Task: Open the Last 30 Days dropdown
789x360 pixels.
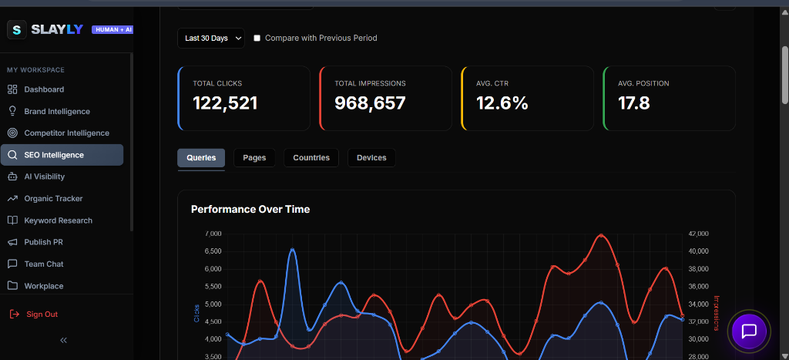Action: pyautogui.click(x=210, y=38)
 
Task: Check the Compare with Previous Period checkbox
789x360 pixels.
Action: pyautogui.click(x=257, y=38)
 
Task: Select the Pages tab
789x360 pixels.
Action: pyautogui.click(x=254, y=158)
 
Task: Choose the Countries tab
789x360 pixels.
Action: pyautogui.click(x=311, y=158)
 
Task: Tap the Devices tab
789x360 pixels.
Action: pyautogui.click(x=371, y=158)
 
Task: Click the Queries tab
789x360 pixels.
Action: pyautogui.click(x=201, y=158)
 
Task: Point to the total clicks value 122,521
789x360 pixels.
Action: pyautogui.click(x=225, y=103)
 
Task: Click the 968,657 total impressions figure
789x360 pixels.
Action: pyautogui.click(x=370, y=103)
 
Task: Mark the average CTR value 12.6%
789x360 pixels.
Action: pyautogui.click(x=502, y=103)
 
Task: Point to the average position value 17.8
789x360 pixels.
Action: pyautogui.click(x=633, y=103)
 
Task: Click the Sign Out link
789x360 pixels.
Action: pyautogui.click(x=42, y=315)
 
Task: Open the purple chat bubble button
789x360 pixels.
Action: pyautogui.click(x=748, y=331)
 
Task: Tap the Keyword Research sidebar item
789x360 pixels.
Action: pyautogui.click(x=58, y=220)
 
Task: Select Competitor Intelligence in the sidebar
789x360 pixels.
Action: pyautogui.click(x=66, y=133)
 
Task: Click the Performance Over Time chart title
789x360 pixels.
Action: pyautogui.click(x=250, y=209)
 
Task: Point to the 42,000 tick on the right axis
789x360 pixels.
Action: pyautogui.click(x=698, y=234)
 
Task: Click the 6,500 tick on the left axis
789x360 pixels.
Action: pyautogui.click(x=212, y=251)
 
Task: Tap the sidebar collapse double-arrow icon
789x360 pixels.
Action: pyautogui.click(x=64, y=340)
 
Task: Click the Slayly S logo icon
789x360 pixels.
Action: pyautogui.click(x=17, y=29)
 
